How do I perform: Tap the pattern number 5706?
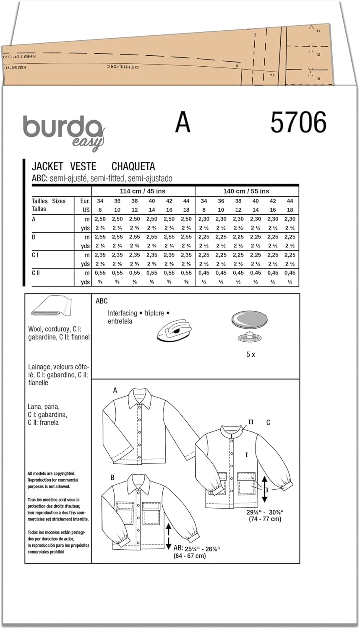coord(298,123)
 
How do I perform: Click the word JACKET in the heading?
coord(47,166)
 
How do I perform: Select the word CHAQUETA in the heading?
coord(133,166)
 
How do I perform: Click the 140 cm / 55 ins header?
coord(246,191)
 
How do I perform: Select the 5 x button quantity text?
coord(250,354)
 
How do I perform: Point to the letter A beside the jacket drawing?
coord(115,391)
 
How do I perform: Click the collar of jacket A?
coord(140,398)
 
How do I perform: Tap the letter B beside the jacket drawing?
coord(112,478)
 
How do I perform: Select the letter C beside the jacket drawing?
coord(269,423)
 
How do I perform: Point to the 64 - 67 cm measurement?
coord(190,556)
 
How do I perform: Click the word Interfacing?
coord(122,313)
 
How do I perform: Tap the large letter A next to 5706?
coord(183,122)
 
